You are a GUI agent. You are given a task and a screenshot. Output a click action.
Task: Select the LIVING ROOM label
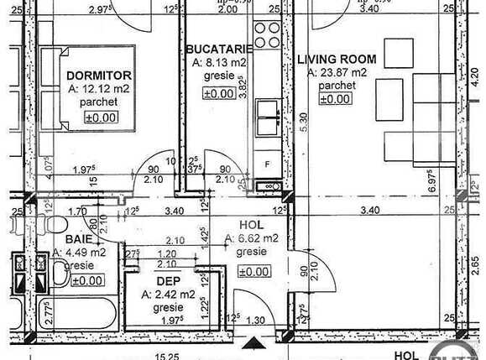(337, 60)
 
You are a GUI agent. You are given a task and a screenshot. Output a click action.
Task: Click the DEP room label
(167, 282)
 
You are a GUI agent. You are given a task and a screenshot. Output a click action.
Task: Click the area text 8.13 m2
(220, 62)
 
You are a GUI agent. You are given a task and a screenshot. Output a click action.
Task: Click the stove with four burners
(269, 34)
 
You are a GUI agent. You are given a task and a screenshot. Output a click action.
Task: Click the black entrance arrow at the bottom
(251, 343)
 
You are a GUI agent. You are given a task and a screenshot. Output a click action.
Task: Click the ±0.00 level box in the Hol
(253, 272)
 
